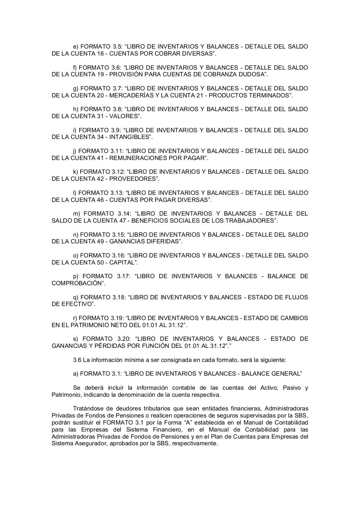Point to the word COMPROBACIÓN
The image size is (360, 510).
77,283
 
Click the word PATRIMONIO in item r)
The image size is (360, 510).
82,325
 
